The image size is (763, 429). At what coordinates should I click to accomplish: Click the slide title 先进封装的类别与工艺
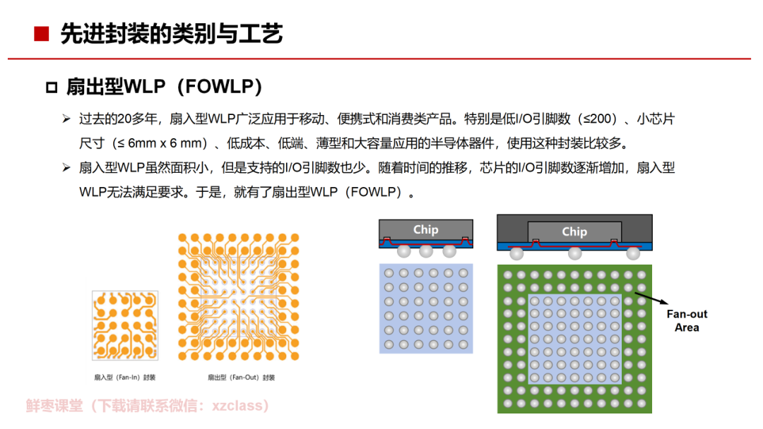tap(172, 33)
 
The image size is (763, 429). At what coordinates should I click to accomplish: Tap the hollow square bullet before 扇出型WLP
tap(51, 87)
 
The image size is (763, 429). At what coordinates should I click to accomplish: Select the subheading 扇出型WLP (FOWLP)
tap(165, 87)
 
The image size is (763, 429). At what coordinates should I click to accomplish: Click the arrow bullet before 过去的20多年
tap(66, 119)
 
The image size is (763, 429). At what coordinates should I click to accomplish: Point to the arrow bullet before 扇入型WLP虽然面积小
tap(66, 168)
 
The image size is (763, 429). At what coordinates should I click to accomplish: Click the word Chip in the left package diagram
tap(425, 229)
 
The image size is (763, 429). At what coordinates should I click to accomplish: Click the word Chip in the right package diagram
tap(574, 231)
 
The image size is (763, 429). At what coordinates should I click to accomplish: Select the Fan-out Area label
tap(687, 320)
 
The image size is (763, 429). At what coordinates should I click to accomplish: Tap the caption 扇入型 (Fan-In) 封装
tap(124, 377)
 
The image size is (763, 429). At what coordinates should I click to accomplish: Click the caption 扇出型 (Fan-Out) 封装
tap(241, 377)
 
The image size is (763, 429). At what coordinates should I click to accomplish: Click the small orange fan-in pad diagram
tap(125, 325)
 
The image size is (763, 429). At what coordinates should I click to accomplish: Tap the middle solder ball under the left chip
tap(425, 251)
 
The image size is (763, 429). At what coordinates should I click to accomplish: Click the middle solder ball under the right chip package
tap(574, 253)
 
